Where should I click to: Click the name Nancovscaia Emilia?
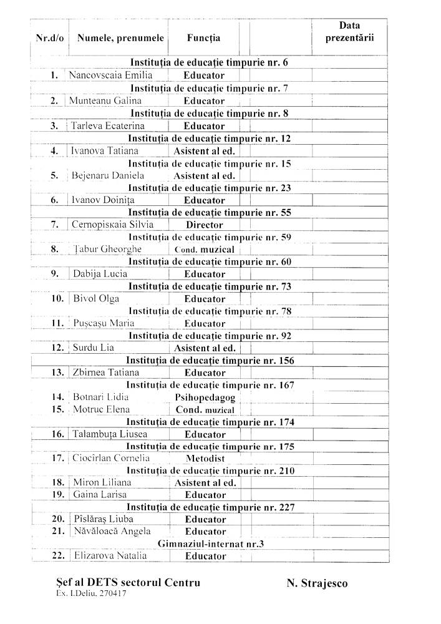click(110, 76)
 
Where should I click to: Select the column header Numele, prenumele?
click(120, 38)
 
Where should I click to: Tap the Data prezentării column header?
click(349, 32)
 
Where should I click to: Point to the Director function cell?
click(204, 225)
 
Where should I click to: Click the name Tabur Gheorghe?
click(107, 250)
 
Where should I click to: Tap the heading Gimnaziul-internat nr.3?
click(211, 544)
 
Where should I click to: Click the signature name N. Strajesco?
click(317, 583)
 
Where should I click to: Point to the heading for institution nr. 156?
click(210, 361)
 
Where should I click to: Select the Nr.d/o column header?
click(50, 38)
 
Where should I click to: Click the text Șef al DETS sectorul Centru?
click(128, 583)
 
